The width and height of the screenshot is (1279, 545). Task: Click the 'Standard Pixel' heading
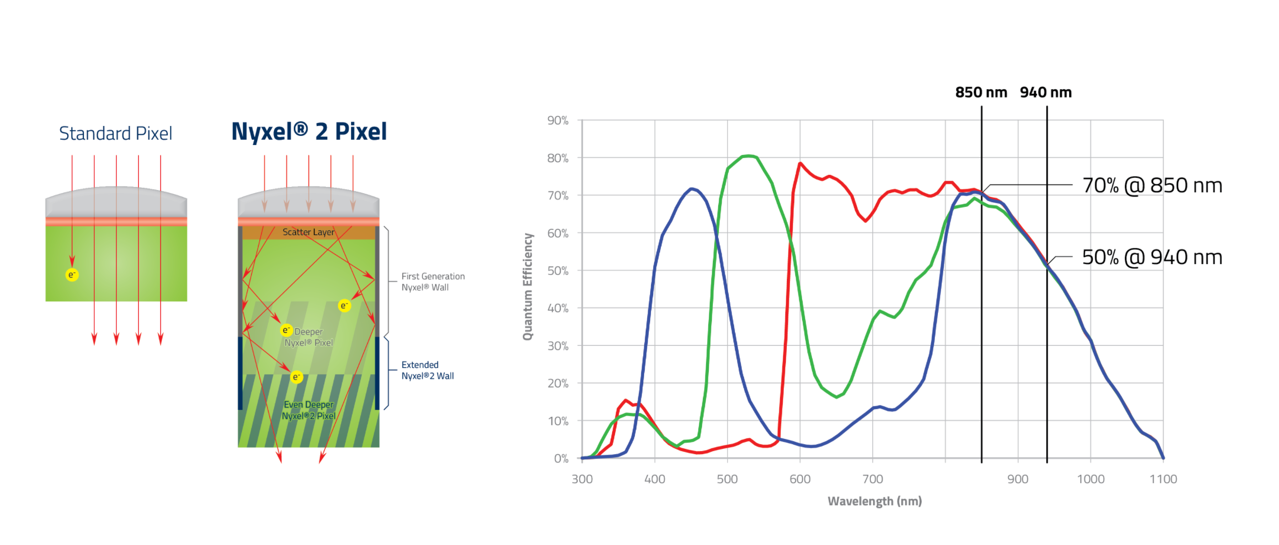pos(115,133)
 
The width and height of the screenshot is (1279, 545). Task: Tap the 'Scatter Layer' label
pos(308,232)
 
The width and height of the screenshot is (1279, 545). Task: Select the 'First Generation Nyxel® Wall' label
pos(433,281)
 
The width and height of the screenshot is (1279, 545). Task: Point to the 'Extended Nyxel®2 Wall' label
pos(428,370)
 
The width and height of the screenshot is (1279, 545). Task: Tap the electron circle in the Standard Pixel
pos(72,275)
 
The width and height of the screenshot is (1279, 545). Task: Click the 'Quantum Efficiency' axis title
pos(528,287)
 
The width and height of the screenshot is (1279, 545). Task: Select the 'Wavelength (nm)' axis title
pos(875,501)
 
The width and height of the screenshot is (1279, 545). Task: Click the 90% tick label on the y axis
pos(558,120)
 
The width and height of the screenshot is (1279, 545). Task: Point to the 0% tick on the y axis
pos(561,458)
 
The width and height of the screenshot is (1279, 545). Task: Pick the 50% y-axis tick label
pos(558,270)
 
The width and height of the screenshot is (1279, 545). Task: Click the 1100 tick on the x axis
pos(1163,479)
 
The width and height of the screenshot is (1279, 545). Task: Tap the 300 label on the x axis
pos(582,479)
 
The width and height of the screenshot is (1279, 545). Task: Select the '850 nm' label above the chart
pos(981,92)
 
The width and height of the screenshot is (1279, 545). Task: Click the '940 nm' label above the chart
pos(1046,92)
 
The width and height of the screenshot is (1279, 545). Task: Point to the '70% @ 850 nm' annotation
pos(1152,185)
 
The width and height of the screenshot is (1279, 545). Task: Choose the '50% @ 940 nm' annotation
pos(1152,257)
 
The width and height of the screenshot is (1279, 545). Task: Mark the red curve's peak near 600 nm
pos(800,163)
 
